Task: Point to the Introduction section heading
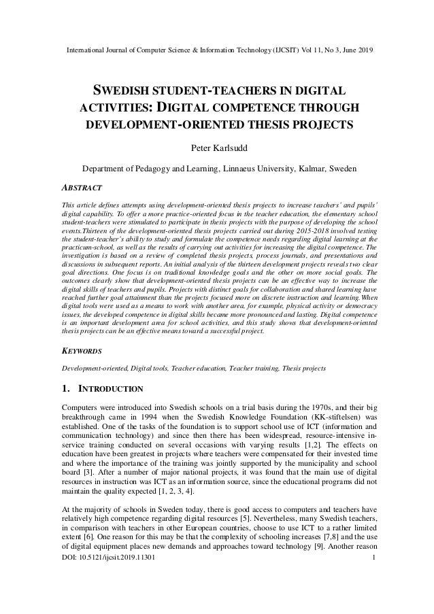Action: (103, 389)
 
